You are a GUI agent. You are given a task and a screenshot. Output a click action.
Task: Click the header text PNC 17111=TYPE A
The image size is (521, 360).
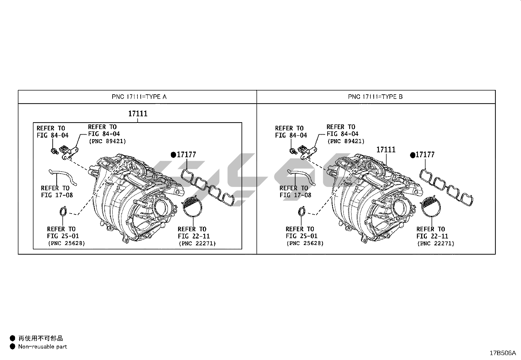(139, 97)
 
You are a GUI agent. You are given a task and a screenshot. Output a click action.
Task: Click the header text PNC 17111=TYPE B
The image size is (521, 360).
(375, 97)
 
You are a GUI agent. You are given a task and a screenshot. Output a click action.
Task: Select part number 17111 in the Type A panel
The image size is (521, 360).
(138, 114)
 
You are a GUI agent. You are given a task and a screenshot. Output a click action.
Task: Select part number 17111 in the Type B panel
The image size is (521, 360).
(386, 149)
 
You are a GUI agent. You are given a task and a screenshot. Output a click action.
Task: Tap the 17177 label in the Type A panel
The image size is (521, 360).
(186, 155)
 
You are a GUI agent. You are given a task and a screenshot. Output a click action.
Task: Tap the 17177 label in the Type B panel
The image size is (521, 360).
(425, 155)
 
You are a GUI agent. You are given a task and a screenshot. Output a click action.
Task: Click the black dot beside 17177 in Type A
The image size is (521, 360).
(173, 155)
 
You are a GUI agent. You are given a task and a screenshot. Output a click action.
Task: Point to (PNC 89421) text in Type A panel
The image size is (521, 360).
(107, 141)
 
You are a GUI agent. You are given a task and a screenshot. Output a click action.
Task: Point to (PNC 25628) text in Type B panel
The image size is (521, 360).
(305, 243)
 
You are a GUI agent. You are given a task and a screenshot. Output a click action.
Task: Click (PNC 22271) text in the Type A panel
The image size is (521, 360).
(197, 243)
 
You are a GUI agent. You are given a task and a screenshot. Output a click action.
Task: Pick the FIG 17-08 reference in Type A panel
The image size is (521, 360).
(57, 195)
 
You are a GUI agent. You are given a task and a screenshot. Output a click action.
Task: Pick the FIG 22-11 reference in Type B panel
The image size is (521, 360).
(432, 236)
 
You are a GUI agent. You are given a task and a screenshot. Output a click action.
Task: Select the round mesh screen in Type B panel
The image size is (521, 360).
(431, 206)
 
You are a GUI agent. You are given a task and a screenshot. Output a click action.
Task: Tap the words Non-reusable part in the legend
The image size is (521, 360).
(43, 347)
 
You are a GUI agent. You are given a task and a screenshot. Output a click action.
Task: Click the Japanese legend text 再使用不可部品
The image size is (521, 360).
(41, 338)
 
